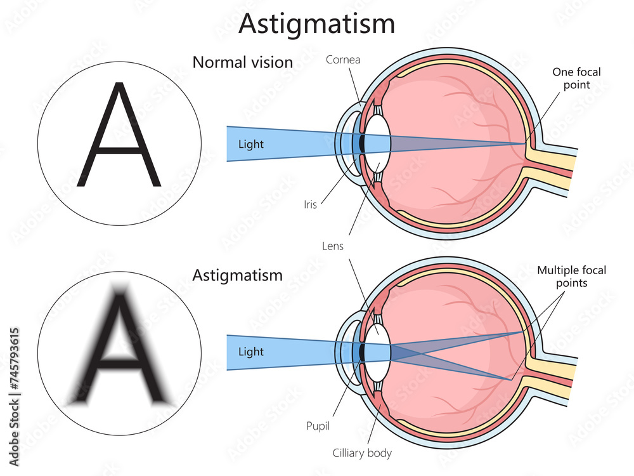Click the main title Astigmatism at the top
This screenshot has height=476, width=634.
316,23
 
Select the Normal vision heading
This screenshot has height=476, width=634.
242,62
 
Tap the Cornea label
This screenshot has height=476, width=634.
343,59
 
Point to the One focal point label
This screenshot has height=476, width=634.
576,78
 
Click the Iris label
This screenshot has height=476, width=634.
310,204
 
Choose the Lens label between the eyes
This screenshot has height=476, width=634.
333,246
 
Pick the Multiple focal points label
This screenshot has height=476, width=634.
571,276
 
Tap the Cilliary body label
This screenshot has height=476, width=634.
362,453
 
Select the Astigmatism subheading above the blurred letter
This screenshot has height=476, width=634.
237,275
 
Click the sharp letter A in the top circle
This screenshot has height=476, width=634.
119,136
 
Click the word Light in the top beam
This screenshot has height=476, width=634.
250,144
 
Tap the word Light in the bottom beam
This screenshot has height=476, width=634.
250,351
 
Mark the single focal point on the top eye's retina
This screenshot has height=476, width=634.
525,144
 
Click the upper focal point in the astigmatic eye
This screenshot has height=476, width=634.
523,331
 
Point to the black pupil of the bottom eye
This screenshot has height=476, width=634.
362,351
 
